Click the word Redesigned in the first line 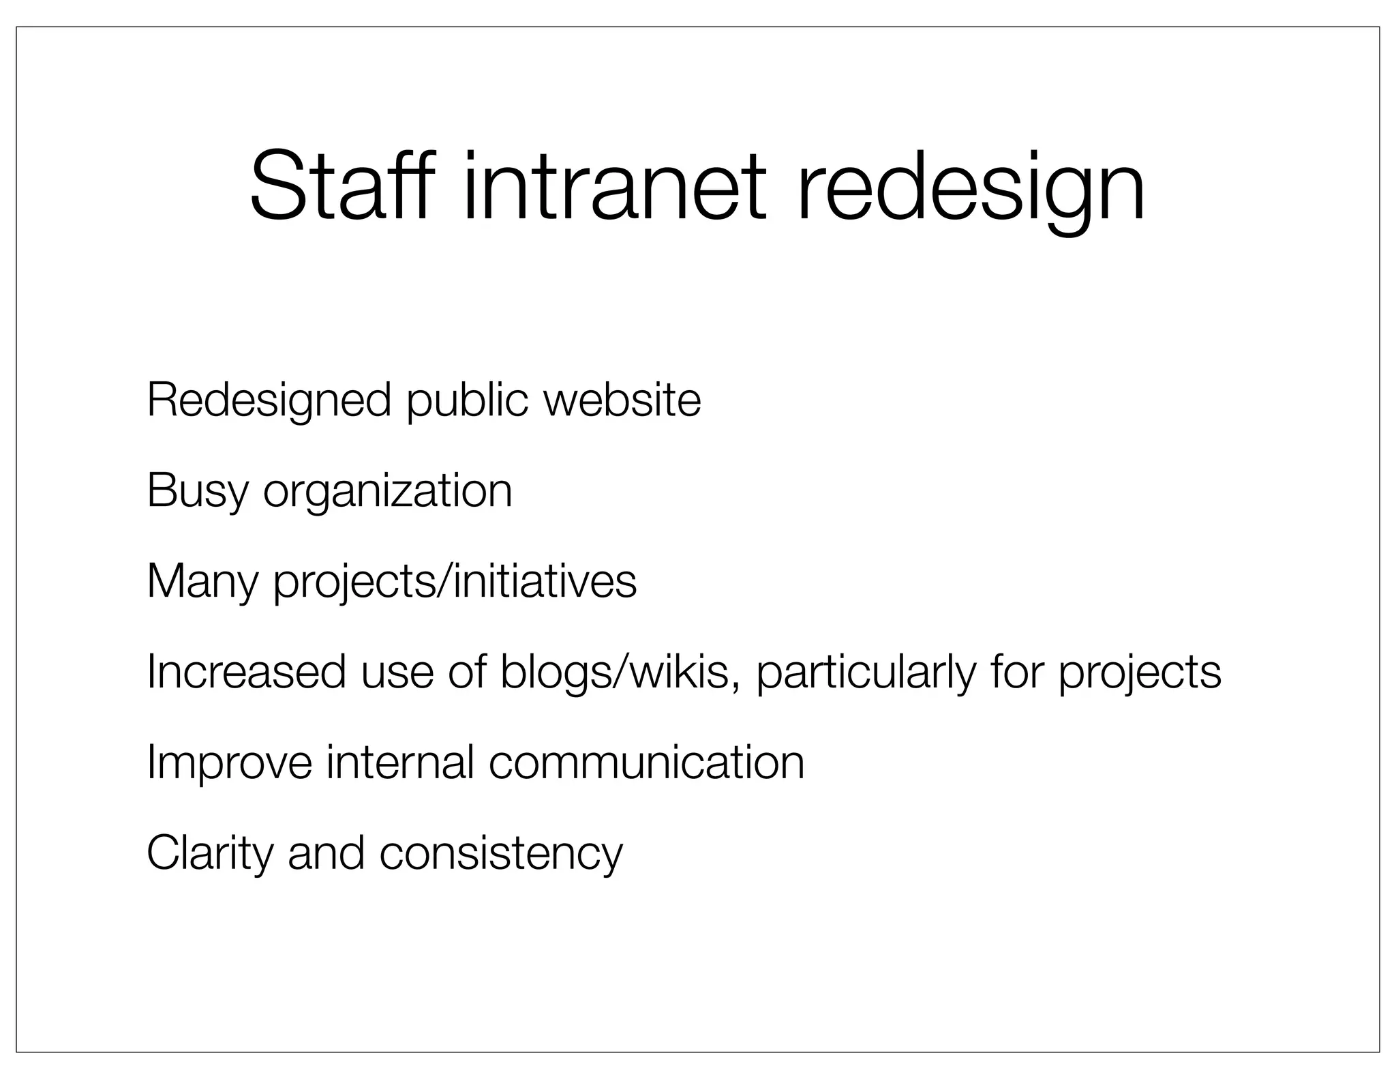(x=269, y=400)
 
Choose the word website (x=622, y=400)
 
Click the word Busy (x=197, y=491)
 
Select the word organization (x=387, y=491)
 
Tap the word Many (x=202, y=582)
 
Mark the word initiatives (x=545, y=582)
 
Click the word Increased (x=246, y=672)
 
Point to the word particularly (x=866, y=672)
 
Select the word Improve (x=229, y=763)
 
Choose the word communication (x=646, y=763)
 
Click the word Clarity (x=209, y=853)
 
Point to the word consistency (x=501, y=853)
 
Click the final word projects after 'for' (x=1140, y=672)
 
